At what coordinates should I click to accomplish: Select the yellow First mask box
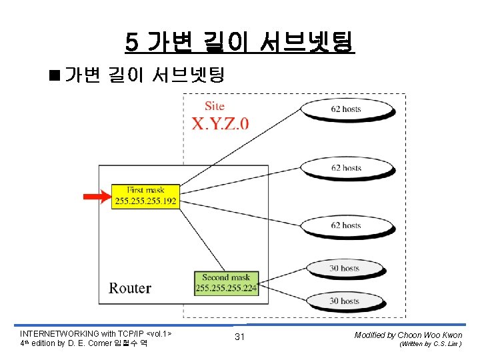click(146, 196)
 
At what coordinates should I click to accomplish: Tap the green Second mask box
click(225, 283)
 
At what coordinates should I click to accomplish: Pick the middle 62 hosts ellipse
click(345, 167)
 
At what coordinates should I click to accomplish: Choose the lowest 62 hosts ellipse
click(345, 225)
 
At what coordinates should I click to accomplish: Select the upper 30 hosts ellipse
click(345, 269)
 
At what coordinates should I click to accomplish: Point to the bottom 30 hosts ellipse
click(345, 301)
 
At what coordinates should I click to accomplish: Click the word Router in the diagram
click(130, 288)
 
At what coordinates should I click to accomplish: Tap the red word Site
click(215, 106)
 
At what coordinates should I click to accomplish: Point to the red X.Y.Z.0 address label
click(220, 123)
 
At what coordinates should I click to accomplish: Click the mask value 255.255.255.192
click(146, 201)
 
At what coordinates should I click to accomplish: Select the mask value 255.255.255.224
click(225, 289)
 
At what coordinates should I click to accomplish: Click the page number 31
click(240, 337)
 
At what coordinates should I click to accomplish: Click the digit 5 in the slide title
click(131, 43)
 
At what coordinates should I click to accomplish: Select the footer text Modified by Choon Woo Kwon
click(408, 335)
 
